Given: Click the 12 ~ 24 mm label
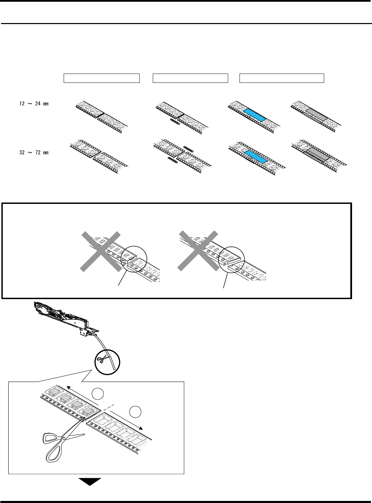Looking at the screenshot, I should pos(34,104).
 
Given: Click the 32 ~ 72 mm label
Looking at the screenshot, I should pos(34,152).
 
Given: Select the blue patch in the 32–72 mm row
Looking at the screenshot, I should pos(255,157).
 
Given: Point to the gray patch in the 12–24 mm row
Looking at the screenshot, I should pos(316,113).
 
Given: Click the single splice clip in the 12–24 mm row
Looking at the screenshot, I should pos(175,122).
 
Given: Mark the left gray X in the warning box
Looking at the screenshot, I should pos(100,251).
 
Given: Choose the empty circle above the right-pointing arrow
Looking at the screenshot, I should pos(135,411).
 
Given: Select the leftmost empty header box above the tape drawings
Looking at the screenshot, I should pos(102,78).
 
